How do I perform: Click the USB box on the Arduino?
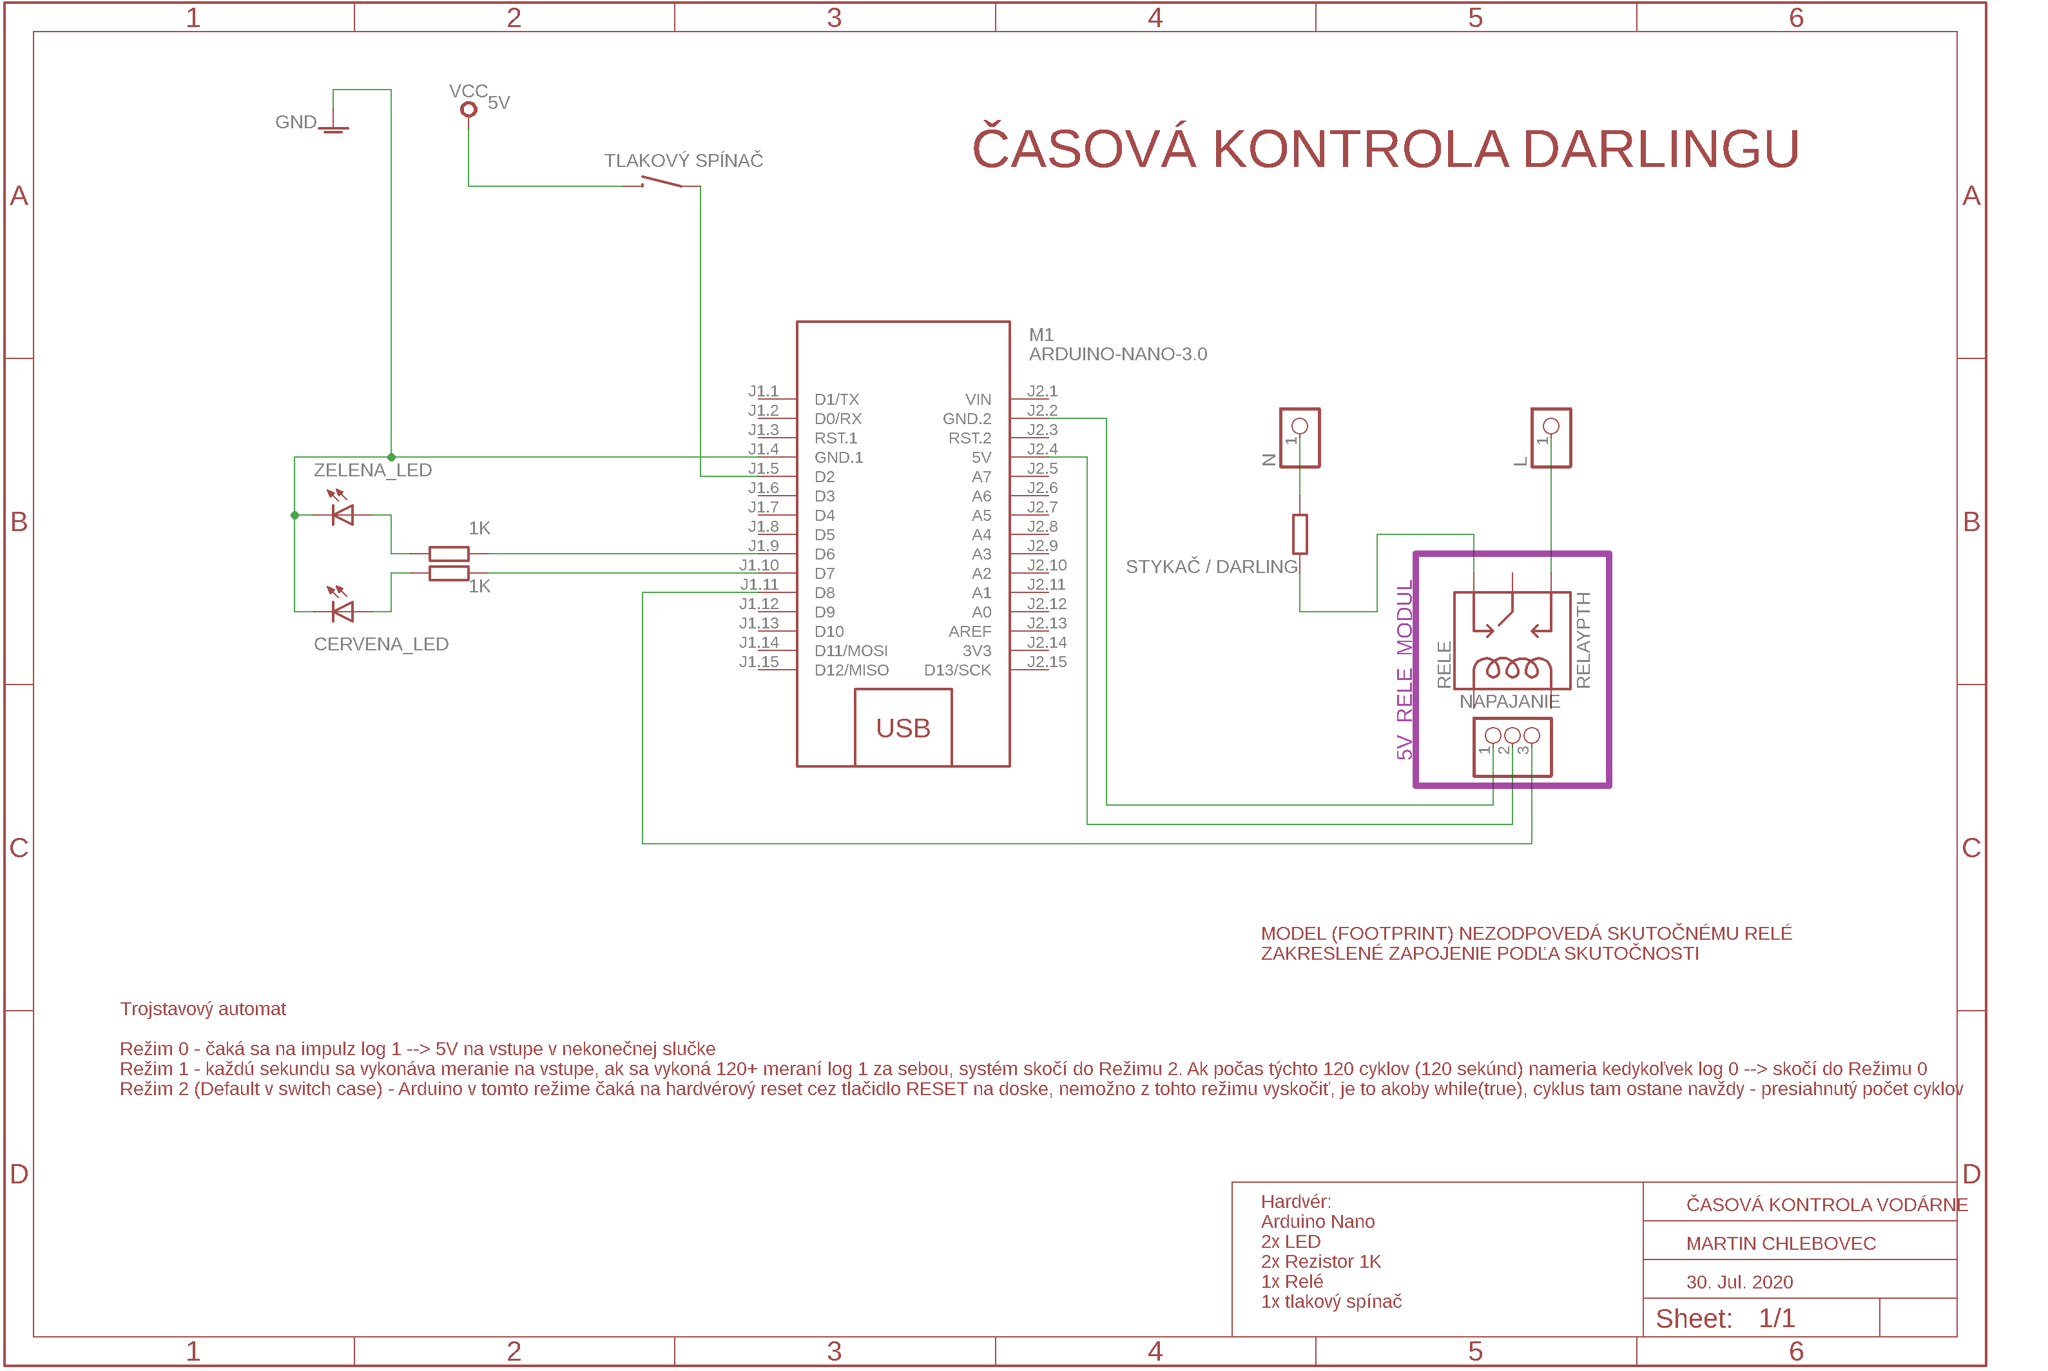point(903,728)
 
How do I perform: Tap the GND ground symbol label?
point(295,122)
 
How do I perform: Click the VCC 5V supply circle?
point(469,110)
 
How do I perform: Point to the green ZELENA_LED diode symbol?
point(343,515)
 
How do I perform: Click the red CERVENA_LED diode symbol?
point(343,611)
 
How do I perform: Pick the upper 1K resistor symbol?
point(449,554)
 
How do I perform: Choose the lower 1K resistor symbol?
point(449,574)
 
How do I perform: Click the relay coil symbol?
point(1512,670)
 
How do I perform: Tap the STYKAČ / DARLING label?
point(1211,567)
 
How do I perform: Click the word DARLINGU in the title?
point(1660,150)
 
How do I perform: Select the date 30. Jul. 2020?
point(1739,1282)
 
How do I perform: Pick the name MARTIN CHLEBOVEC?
point(1781,1243)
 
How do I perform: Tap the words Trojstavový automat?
point(203,1009)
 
